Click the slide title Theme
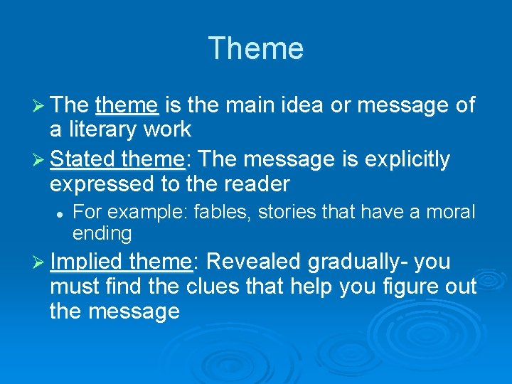[256, 49]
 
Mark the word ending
[102, 233]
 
